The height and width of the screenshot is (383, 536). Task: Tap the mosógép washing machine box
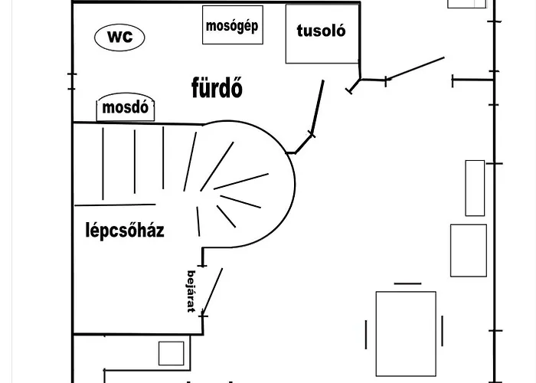pyautogui.click(x=233, y=25)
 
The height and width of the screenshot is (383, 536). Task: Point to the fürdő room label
pyautogui.click(x=217, y=87)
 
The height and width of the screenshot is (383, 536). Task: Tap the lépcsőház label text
pyautogui.click(x=125, y=230)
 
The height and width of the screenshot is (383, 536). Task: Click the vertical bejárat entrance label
pyautogui.click(x=191, y=291)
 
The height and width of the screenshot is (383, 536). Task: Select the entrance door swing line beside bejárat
pyautogui.click(x=212, y=290)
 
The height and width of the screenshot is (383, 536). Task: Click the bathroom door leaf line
pyautogui.click(x=318, y=106)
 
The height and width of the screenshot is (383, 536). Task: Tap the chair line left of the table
pyautogui.click(x=366, y=335)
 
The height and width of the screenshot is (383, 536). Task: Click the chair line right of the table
pyautogui.click(x=443, y=331)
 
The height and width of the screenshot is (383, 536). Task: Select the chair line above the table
pyautogui.click(x=407, y=283)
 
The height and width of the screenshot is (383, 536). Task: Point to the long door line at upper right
pyautogui.click(x=415, y=68)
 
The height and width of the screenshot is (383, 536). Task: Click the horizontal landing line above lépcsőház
pyautogui.click(x=115, y=205)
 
